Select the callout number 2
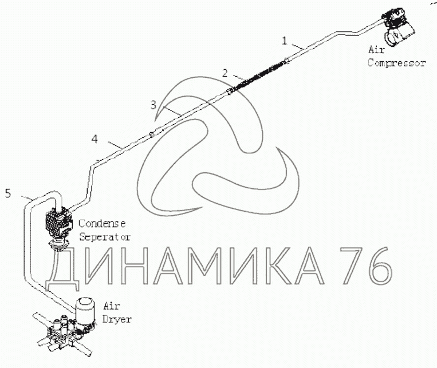click(x=225, y=73)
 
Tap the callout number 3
click(x=153, y=104)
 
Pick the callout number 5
click(x=8, y=193)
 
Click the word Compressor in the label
click(x=396, y=63)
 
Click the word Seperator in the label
click(x=105, y=236)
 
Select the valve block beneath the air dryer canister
click(x=62, y=335)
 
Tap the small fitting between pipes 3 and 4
click(x=151, y=135)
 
